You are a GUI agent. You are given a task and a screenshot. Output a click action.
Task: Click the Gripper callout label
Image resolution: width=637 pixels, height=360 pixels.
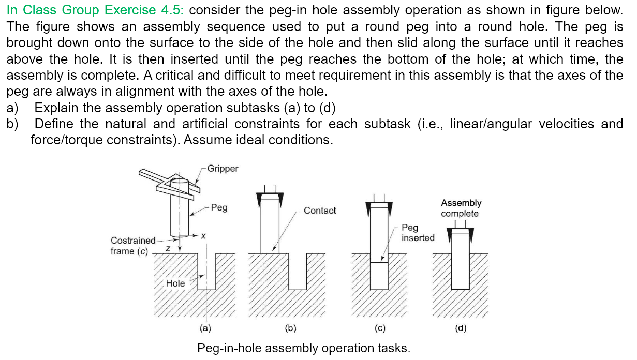[223, 169]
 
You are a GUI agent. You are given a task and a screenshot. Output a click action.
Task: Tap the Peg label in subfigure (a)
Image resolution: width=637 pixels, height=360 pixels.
[219, 207]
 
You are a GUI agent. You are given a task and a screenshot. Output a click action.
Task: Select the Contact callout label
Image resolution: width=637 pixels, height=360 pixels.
[320, 211]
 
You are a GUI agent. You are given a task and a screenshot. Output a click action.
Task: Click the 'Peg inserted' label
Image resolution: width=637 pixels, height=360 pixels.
[418, 233]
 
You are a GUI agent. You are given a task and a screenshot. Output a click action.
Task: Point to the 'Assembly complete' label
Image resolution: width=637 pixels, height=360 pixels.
[461, 208]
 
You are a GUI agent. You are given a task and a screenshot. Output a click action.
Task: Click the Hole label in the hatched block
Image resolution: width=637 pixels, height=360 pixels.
[175, 283]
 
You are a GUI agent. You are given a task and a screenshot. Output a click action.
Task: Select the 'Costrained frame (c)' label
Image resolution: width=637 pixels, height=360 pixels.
[132, 246]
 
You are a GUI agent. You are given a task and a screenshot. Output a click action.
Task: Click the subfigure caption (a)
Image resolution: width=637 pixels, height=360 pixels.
[205, 328]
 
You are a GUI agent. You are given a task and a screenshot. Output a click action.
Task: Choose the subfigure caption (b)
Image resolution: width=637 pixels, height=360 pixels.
[290, 328]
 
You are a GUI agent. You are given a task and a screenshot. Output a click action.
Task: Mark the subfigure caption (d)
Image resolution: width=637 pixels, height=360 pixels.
[460, 328]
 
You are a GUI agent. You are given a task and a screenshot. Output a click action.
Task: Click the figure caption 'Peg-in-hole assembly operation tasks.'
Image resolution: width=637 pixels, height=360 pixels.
[303, 348]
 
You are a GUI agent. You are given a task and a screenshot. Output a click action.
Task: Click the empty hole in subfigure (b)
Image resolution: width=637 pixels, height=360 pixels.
[298, 271]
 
